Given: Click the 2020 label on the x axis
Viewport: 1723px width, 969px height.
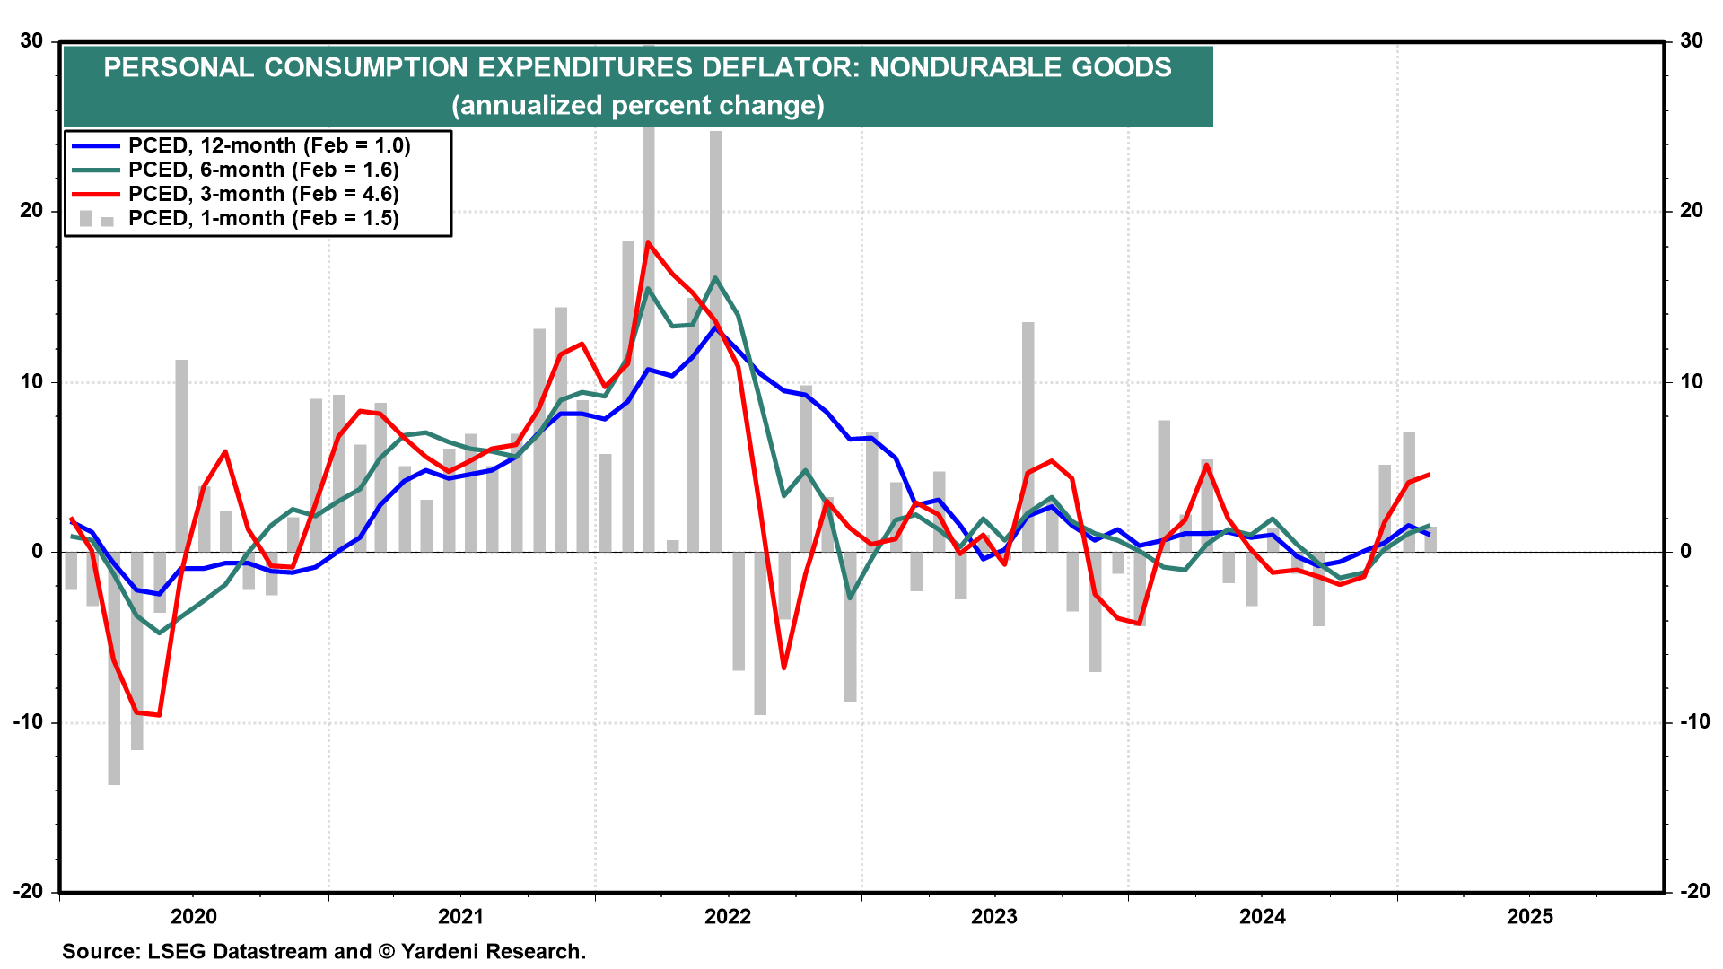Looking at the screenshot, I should tap(194, 916).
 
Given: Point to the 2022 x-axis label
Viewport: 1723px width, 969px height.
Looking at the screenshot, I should tap(728, 916).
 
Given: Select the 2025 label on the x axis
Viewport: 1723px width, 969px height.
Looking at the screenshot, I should tap(1529, 916).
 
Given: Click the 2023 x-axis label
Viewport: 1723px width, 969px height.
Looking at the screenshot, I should tap(994, 916).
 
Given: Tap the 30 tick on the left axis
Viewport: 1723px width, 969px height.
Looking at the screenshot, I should tap(32, 40).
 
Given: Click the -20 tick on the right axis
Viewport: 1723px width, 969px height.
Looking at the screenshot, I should tap(1692, 891).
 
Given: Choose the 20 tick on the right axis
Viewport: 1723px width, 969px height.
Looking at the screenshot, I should tap(1692, 210).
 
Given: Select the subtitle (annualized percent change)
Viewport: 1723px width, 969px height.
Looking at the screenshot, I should tap(637, 106).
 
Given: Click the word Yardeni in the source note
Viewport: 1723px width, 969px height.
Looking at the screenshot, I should tap(441, 951).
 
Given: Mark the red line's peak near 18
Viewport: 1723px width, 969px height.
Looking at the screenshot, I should tap(648, 243).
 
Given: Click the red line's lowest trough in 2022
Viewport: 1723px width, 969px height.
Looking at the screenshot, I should tap(783, 668).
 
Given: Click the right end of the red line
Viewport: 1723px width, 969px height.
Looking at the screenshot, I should tap(1429, 475).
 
